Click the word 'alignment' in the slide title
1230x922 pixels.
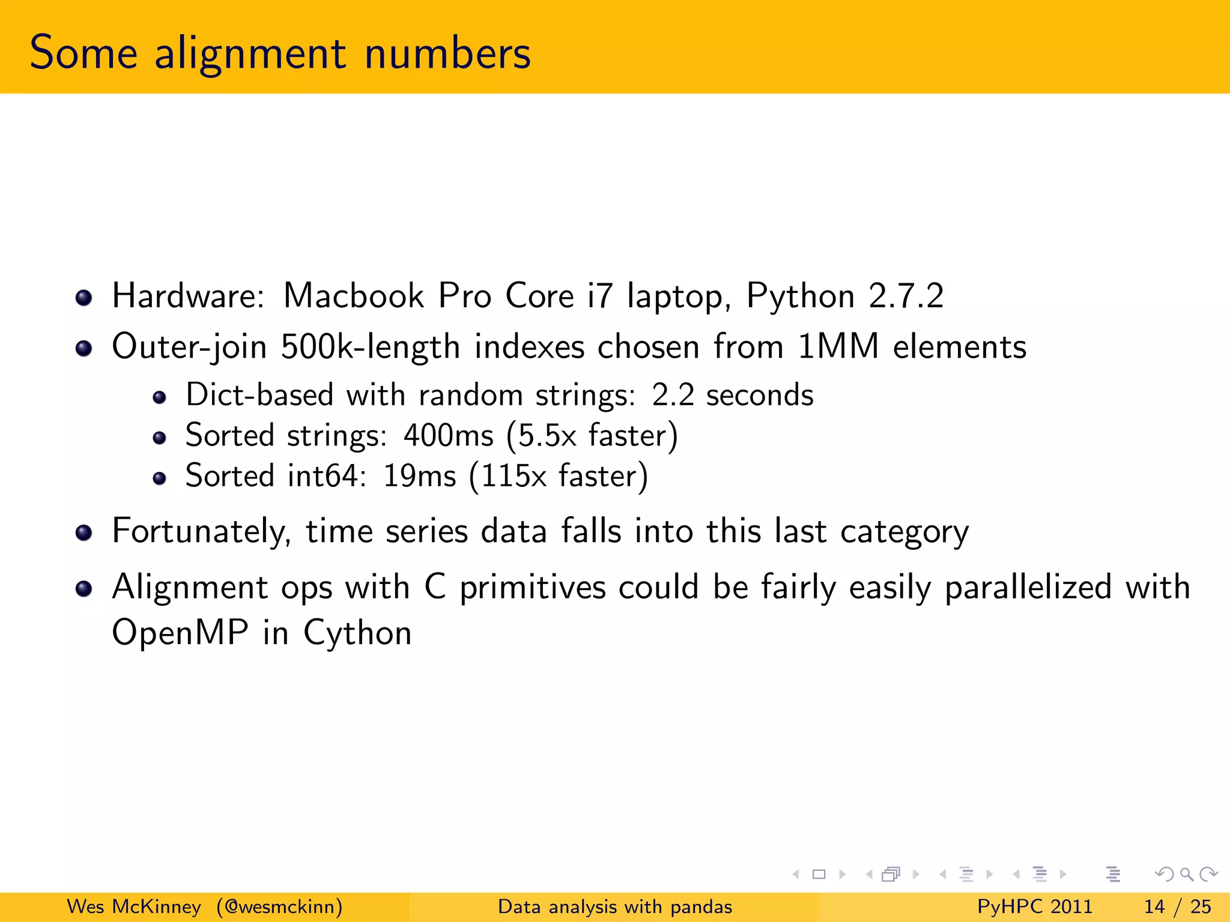(x=250, y=54)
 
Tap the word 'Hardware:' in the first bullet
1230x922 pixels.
(x=188, y=296)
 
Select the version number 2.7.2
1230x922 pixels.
(x=906, y=296)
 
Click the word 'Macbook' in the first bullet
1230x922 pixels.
(x=353, y=296)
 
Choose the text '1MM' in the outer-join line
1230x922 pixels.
(x=838, y=347)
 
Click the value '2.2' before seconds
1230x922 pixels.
(x=673, y=395)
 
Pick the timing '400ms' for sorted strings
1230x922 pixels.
(x=448, y=435)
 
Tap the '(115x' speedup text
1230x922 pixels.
(x=507, y=476)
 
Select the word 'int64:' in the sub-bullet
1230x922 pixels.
(x=327, y=476)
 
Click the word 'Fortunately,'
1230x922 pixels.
(x=202, y=532)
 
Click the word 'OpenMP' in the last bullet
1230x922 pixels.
(x=180, y=633)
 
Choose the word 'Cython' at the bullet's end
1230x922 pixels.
(x=357, y=633)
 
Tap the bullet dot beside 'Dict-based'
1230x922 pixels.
(x=159, y=397)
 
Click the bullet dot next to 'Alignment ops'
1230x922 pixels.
(x=83, y=589)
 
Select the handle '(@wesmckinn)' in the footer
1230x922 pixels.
(x=280, y=906)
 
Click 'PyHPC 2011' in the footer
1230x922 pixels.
(x=1034, y=906)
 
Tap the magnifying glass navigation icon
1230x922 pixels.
(x=1186, y=874)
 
